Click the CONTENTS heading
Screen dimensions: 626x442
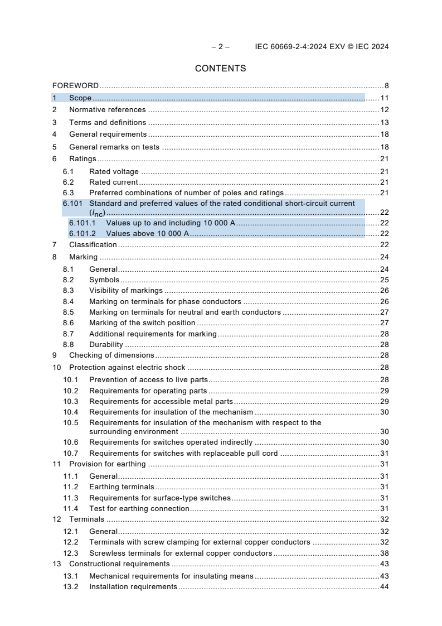click(220, 69)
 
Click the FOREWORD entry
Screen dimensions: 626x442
click(75, 86)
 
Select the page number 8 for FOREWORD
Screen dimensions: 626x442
click(386, 86)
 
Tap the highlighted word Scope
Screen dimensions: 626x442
click(80, 98)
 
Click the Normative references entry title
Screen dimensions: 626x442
click(107, 110)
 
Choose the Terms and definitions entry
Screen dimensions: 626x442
click(108, 122)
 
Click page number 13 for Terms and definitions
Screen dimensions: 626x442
click(384, 122)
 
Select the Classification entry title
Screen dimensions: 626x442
click(93, 244)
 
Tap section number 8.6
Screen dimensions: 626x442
click(68, 322)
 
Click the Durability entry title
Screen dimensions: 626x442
click(106, 345)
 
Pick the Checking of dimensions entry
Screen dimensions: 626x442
click(111, 355)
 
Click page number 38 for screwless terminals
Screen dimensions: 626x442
click(384, 553)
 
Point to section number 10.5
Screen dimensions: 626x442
click(70, 422)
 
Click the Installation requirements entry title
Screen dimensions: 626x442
click(133, 586)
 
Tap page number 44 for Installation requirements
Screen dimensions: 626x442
click(384, 586)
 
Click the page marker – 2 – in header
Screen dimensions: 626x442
click(220, 47)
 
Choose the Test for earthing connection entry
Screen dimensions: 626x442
click(139, 508)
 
